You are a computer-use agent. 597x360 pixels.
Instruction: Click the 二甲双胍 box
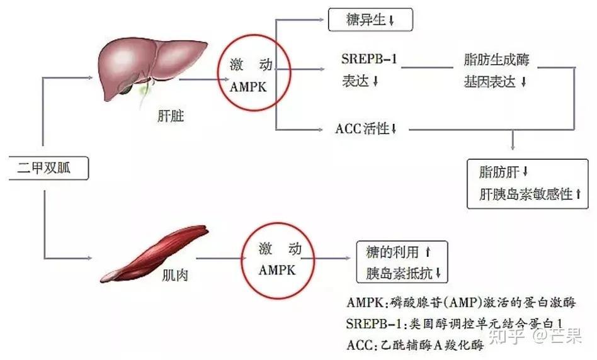click(x=48, y=168)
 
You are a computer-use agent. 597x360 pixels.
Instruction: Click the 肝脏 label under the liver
click(x=171, y=116)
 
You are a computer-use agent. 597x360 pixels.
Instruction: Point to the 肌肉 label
click(x=175, y=275)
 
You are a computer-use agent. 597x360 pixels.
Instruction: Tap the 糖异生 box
click(x=370, y=20)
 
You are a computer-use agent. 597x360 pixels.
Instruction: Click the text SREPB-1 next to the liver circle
click(x=369, y=59)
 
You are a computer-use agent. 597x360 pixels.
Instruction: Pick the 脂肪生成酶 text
click(x=496, y=59)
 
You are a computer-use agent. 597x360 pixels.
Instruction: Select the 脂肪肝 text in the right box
click(x=499, y=172)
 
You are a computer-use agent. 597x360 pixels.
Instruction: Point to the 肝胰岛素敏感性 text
click(x=526, y=194)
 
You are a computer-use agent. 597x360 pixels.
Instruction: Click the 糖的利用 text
click(x=392, y=252)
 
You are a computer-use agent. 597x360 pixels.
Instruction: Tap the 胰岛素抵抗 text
click(x=399, y=273)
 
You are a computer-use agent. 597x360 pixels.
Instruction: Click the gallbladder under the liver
click(x=125, y=88)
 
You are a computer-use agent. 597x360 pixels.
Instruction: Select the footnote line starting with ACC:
click(x=415, y=345)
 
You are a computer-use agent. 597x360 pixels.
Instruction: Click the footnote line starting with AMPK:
click(x=461, y=303)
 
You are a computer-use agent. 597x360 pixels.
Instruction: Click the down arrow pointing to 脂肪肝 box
click(x=513, y=140)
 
